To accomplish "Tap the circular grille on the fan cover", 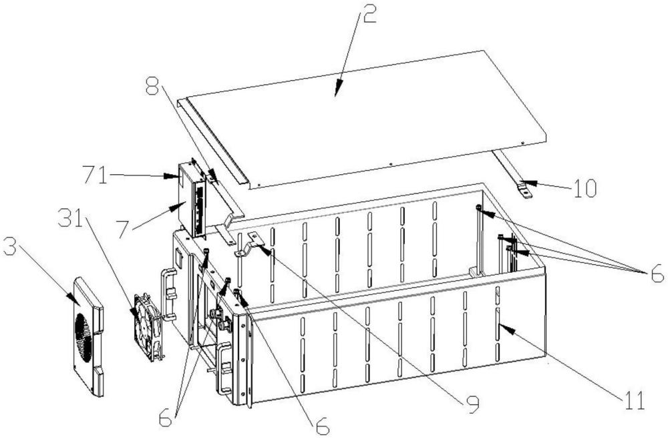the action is tap(84, 338).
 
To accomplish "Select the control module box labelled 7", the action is tap(192, 199).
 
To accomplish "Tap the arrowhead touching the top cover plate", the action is tap(338, 90).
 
